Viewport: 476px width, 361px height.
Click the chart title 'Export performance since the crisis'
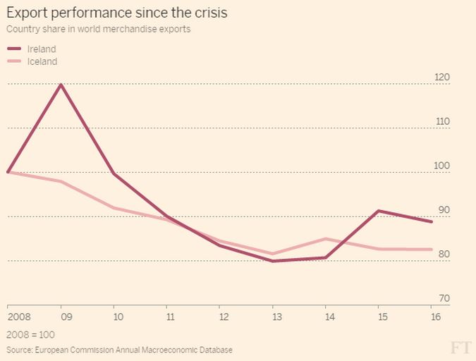(117, 13)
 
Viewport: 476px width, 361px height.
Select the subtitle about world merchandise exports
(98, 30)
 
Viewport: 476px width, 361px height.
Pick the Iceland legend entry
(42, 61)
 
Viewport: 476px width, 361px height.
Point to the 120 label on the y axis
(442, 78)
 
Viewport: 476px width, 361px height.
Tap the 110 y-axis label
(442, 122)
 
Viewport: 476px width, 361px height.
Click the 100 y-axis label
(442, 166)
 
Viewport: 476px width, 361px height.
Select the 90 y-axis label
(444, 211)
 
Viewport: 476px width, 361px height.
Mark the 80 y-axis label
(444, 255)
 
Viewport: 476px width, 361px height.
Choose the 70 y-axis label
(444, 299)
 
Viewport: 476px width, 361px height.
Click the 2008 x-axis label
(18, 317)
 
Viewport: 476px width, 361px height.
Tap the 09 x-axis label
(61, 317)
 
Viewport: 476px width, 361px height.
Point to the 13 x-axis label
(273, 317)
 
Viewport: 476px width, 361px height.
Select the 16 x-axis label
(435, 317)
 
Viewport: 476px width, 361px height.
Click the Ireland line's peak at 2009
(61, 85)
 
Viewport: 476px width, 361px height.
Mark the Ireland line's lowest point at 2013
(273, 261)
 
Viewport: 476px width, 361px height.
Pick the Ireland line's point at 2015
(379, 211)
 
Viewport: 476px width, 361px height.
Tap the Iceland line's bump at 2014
(327, 239)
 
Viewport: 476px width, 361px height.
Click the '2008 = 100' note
(30, 334)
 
